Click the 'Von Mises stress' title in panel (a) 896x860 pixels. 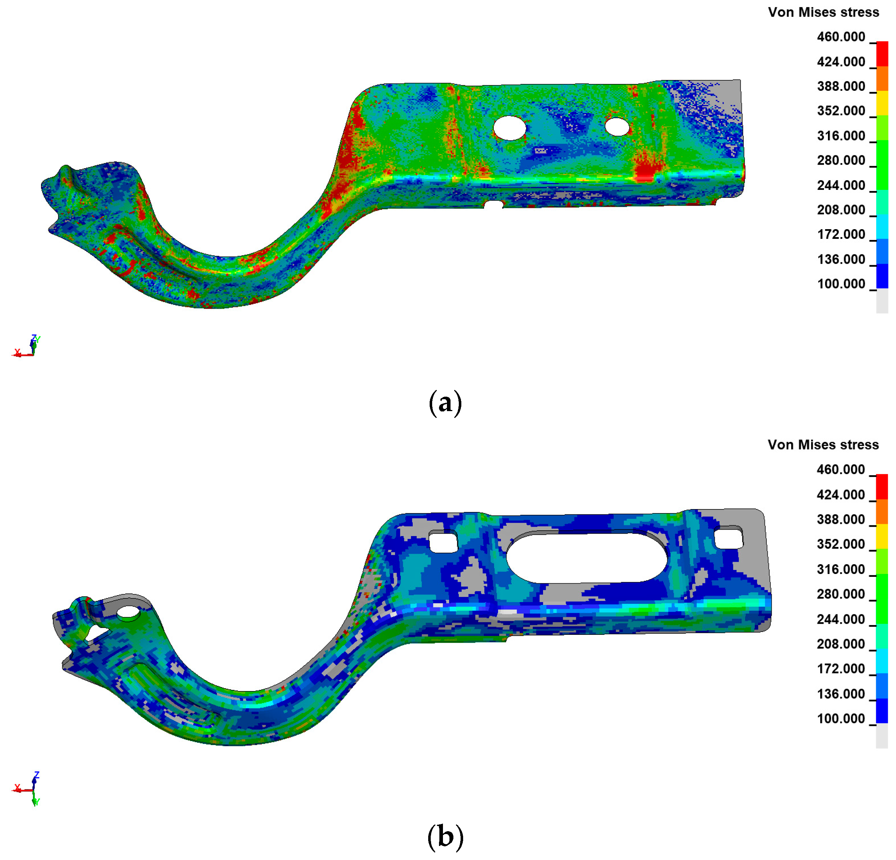point(823,12)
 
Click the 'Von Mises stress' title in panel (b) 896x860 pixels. point(823,445)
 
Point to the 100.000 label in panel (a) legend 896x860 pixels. point(841,284)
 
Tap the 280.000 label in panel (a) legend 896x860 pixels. point(841,160)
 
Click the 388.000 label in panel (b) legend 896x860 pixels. point(841,519)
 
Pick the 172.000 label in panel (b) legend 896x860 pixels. point(841,668)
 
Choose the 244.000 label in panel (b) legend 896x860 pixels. point(841,619)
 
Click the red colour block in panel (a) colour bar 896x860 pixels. point(882,54)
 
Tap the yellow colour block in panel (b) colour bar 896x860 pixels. point(882,536)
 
